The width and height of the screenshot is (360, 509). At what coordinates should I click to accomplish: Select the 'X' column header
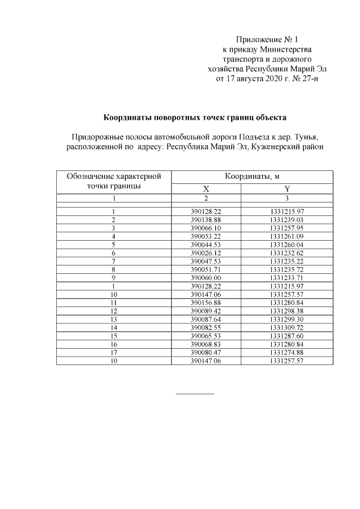coord(206,189)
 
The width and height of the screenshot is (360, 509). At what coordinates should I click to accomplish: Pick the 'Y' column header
coord(287,189)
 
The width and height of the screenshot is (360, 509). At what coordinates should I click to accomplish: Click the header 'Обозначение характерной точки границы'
coord(114,181)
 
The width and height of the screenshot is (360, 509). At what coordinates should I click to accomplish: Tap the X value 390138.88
coord(206,219)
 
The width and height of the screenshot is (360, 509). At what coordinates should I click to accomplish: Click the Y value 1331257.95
coord(287,228)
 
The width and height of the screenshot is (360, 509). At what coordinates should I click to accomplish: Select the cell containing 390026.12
coord(206,253)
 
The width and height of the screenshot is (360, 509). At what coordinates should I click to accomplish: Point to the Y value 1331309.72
coord(287,327)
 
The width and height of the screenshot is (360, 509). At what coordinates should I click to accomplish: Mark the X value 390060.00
coord(206,277)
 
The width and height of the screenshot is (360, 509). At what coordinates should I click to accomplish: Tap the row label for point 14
coord(114,327)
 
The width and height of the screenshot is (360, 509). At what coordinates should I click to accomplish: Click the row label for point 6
coord(114,253)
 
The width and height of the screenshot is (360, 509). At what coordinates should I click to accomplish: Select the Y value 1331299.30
coord(287,318)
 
